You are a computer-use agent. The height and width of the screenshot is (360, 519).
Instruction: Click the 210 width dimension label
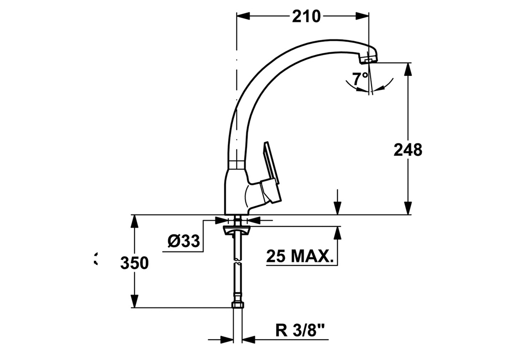pos(306,16)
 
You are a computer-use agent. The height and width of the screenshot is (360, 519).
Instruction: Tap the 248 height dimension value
pos(408,150)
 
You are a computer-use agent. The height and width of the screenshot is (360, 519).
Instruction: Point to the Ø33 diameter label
pos(184,241)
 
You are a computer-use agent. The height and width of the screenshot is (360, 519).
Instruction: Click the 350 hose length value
pos(134,263)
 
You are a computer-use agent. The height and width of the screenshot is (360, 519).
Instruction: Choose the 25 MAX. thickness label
pos(299,256)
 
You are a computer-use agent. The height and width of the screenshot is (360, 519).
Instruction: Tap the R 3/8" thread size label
pos(300,330)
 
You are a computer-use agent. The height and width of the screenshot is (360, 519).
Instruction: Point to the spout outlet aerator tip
pos(367,60)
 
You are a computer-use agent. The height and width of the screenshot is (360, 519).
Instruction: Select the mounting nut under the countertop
pos(237,231)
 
